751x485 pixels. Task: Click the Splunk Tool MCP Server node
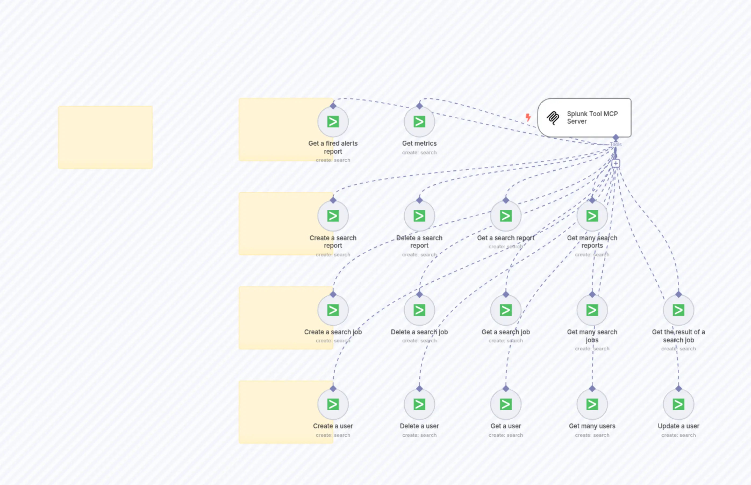coord(584,117)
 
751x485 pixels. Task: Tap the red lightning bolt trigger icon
coord(528,117)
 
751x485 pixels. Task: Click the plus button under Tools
coord(616,163)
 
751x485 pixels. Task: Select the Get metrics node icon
coord(419,121)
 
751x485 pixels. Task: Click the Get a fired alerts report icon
coord(333,121)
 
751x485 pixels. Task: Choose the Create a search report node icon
coord(333,216)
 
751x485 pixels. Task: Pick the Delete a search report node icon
coord(419,216)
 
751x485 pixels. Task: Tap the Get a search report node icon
coord(506,216)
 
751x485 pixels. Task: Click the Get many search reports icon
coord(592,216)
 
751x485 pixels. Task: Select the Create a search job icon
coord(333,310)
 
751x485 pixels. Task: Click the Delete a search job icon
coord(419,310)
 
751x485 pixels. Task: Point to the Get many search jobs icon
coord(592,310)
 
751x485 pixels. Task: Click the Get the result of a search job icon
coord(678,310)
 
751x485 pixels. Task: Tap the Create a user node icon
coord(333,404)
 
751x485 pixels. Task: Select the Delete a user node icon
coord(419,404)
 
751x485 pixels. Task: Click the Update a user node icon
coord(678,404)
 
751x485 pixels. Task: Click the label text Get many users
coord(592,426)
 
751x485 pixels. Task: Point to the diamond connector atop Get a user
coord(506,389)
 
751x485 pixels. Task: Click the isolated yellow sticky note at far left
coord(105,137)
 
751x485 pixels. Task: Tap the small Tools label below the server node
coord(616,145)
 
